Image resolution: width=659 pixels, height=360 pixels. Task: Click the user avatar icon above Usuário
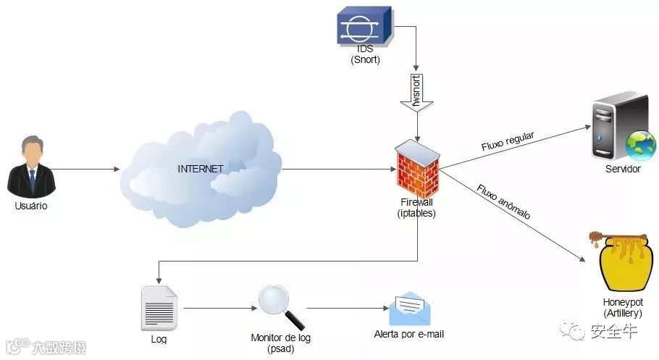pyautogui.click(x=31, y=167)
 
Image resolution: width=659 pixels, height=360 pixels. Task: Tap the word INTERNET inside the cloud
pyautogui.click(x=201, y=169)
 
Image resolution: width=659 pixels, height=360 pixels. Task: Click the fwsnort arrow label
pyautogui.click(x=416, y=92)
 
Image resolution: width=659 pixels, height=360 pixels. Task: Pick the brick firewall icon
pyautogui.click(x=417, y=167)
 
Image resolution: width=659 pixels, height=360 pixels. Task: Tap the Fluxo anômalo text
pyautogui.click(x=504, y=203)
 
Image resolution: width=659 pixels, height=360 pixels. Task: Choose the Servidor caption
pyautogui.click(x=623, y=169)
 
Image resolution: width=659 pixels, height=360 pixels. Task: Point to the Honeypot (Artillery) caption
pyautogui.click(x=622, y=307)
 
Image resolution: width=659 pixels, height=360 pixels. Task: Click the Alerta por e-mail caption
pyautogui.click(x=408, y=335)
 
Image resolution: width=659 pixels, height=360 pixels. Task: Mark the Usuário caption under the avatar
pyautogui.click(x=31, y=206)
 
